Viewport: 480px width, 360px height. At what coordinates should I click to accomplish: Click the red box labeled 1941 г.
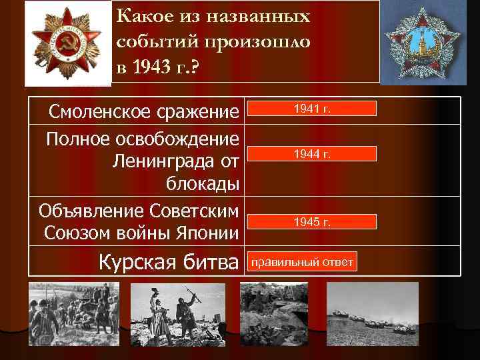click(311, 109)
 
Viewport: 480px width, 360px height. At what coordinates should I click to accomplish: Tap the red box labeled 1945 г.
click(311, 221)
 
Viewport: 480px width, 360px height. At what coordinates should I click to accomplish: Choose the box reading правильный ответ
click(302, 262)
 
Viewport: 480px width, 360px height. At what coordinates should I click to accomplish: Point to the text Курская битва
click(169, 262)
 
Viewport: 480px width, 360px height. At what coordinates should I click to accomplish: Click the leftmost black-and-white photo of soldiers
click(74, 313)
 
